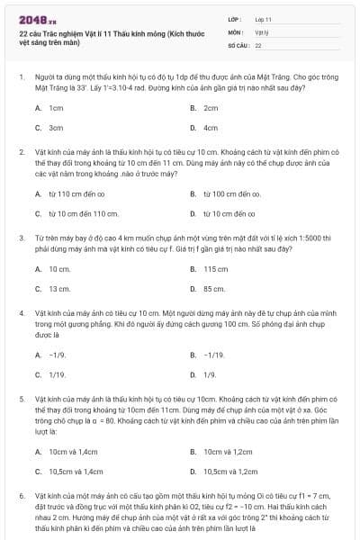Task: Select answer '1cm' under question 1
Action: pos(56,108)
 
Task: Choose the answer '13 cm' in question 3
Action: pos(59,289)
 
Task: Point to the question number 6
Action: pos(21,496)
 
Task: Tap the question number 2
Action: pos(21,153)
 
